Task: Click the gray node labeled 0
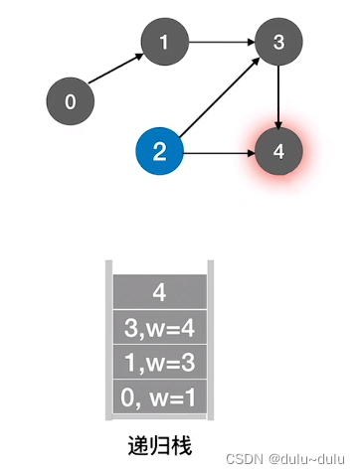pos(71,101)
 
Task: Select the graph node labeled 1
pos(165,42)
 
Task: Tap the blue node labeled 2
pos(160,151)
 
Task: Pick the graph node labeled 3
pos(278,42)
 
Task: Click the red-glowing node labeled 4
pos(278,152)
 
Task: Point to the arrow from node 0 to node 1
pos(115,69)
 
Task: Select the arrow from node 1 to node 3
pos(222,42)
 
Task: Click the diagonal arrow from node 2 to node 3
pos(220,97)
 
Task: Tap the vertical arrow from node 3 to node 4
pos(278,97)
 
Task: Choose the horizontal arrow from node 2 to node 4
pos(220,153)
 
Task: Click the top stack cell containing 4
pos(160,292)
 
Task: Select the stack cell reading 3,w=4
pos(160,327)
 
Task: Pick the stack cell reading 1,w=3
pos(160,362)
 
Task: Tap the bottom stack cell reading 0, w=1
pos(160,396)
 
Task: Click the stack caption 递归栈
pos(160,446)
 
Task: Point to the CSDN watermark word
pos(245,459)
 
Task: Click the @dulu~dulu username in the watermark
pos(307,459)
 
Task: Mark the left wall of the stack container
pos(109,340)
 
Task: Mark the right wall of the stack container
pos(211,340)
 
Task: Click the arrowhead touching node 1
pos(139,57)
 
